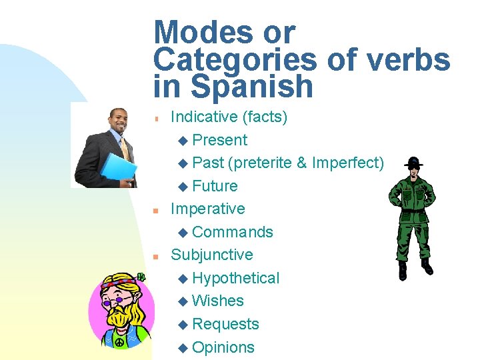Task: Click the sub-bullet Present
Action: (x=219, y=140)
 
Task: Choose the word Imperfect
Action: (x=347, y=163)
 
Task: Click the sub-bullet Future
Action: (x=215, y=186)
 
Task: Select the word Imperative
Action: (x=208, y=209)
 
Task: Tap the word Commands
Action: (x=232, y=232)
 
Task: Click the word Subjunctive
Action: (x=212, y=255)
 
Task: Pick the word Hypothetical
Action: (x=235, y=278)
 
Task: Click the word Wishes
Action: (x=218, y=301)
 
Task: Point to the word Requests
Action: (x=225, y=324)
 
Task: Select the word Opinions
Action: (x=223, y=347)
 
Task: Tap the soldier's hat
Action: (x=413, y=162)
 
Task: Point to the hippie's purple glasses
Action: (x=117, y=302)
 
